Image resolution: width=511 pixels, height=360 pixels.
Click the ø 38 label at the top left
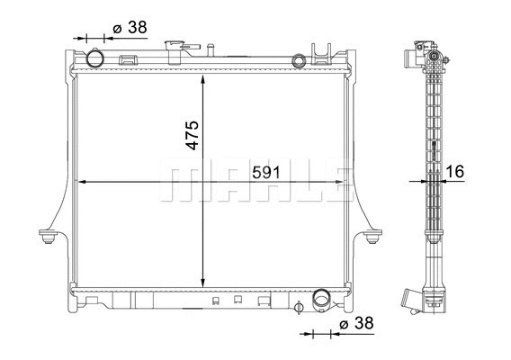coord(130,28)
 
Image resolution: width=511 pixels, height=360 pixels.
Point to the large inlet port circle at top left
coord(95,60)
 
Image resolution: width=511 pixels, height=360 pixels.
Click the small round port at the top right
coord(300,60)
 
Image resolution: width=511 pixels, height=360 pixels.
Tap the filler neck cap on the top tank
coord(173,47)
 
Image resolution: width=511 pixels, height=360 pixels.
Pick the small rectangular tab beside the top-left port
coord(127,62)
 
